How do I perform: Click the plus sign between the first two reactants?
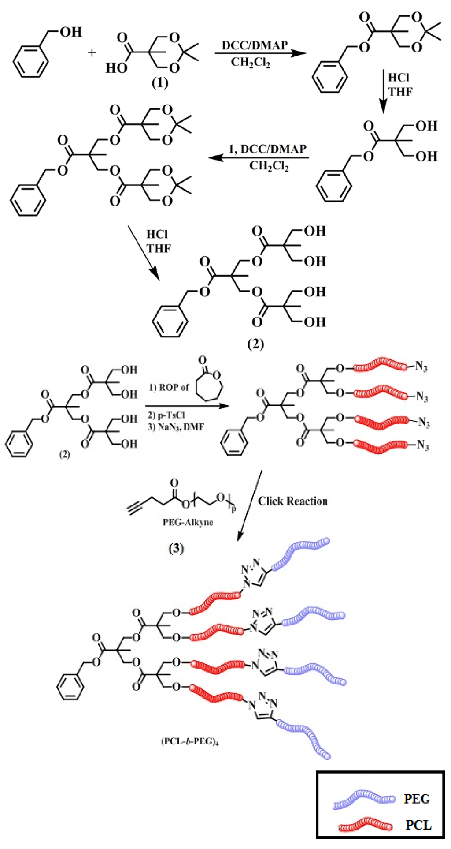(x=92, y=53)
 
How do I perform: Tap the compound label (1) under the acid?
(x=160, y=82)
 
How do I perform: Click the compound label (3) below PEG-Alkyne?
(x=176, y=548)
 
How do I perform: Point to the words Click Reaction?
(x=293, y=501)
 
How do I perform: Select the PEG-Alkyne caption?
(x=188, y=522)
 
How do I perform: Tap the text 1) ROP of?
(x=169, y=387)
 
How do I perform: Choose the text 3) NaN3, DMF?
(x=176, y=426)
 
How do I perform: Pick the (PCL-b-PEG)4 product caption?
(x=190, y=741)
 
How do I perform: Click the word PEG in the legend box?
(x=417, y=799)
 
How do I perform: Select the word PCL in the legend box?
(x=418, y=825)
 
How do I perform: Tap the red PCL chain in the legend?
(x=365, y=825)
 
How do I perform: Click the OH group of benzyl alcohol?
(x=70, y=32)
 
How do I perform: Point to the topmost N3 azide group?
(x=421, y=367)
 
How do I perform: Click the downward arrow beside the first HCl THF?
(x=383, y=90)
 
